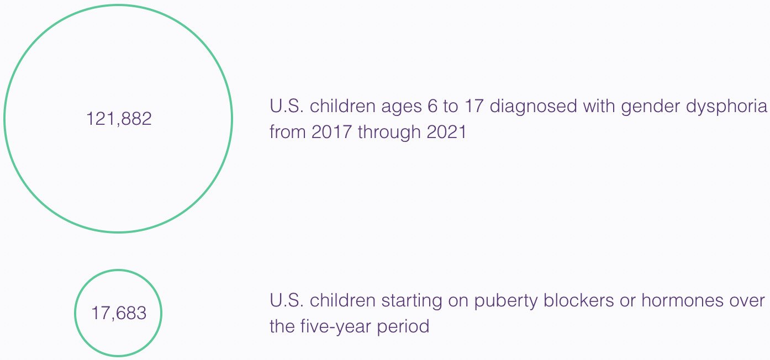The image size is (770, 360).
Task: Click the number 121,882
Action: [119, 119]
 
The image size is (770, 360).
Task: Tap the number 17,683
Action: [119, 313]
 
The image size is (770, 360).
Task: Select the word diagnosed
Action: [533, 107]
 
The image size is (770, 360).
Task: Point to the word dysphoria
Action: [726, 107]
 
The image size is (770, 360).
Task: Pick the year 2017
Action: [332, 131]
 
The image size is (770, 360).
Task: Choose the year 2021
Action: [446, 131]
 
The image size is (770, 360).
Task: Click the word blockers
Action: [579, 300]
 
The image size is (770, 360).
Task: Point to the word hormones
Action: [669, 300]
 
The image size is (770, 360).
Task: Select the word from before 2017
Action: [288, 131]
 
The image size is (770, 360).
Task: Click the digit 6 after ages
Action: [433, 106]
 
